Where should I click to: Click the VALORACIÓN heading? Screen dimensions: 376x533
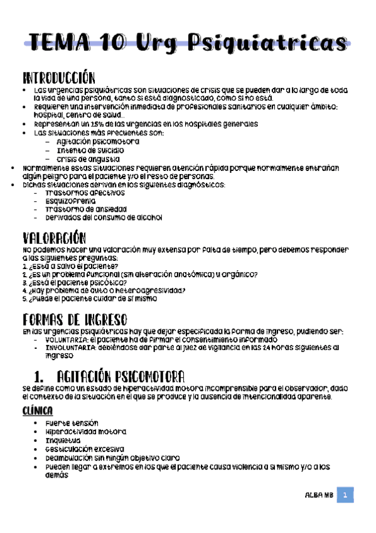[53, 238]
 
